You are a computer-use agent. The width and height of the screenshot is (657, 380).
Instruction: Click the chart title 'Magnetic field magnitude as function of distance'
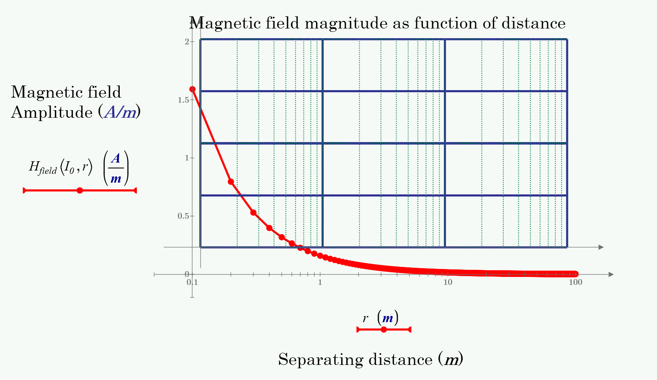[x=377, y=23]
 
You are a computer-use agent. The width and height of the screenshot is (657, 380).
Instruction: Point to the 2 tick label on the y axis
[x=186, y=41]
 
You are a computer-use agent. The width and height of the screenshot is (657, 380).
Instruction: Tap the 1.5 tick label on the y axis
[x=183, y=100]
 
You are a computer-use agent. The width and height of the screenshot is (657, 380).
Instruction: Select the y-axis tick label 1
[x=186, y=158]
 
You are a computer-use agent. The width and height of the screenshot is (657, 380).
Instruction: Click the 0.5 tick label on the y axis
[x=183, y=216]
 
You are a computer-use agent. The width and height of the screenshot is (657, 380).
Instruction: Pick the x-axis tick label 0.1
[x=192, y=282]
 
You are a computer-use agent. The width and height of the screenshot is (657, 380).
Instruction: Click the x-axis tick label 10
[x=448, y=282]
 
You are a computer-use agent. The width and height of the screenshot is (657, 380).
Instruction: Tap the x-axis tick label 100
[x=575, y=282]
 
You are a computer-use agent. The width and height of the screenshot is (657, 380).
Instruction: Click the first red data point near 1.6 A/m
[x=193, y=89]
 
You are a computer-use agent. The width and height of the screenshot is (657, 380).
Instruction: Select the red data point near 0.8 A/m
[x=231, y=182]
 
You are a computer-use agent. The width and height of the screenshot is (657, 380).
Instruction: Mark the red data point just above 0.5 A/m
[x=253, y=212]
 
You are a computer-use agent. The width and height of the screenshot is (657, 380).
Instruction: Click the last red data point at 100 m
[x=575, y=274]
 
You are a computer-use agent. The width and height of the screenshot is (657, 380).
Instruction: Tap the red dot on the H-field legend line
[x=80, y=191]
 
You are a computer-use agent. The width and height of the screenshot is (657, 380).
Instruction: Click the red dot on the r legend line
[x=384, y=330]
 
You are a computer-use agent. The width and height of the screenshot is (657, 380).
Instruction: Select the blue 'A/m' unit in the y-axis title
[x=120, y=113]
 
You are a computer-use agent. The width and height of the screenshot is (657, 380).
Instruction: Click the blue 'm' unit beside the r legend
[x=388, y=318]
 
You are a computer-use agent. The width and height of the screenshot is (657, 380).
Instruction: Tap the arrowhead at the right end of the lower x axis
[x=611, y=274]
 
